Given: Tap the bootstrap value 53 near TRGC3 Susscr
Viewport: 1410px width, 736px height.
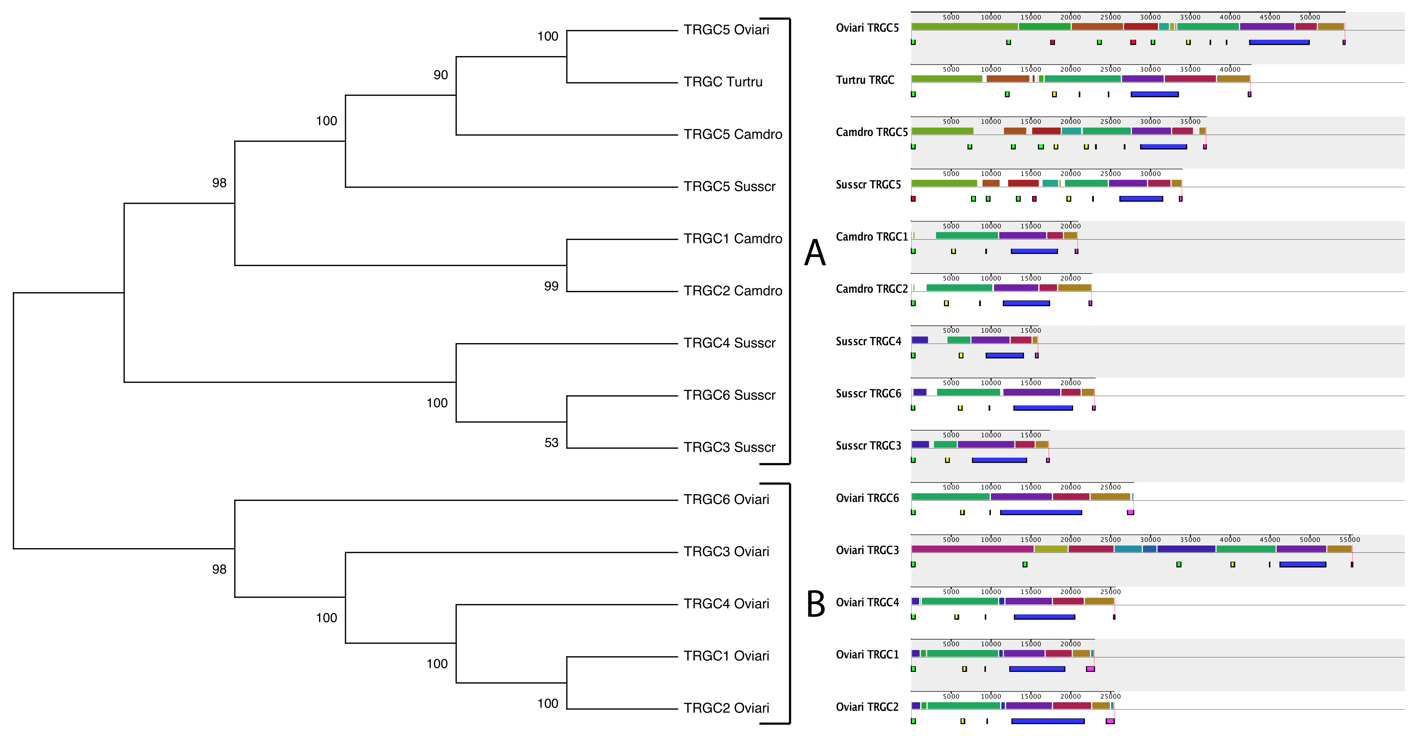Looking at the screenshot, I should click(x=551, y=443).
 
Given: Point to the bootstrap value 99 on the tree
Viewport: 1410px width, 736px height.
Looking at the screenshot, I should click(x=551, y=286).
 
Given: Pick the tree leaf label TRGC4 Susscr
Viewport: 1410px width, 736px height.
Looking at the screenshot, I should click(x=729, y=343).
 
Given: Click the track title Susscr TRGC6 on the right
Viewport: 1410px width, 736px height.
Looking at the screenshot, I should click(x=868, y=393).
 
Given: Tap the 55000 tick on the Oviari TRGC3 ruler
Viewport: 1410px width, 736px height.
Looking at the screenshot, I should click(x=1349, y=540).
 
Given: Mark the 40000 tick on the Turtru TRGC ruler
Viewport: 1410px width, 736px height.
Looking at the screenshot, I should click(x=1230, y=70).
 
